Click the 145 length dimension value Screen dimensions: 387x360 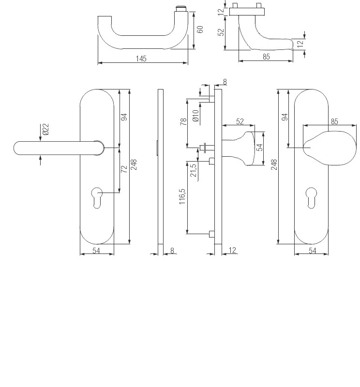[x=141, y=59]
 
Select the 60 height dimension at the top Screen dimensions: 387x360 [x=200, y=30]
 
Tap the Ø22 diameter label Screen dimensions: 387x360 [x=45, y=130]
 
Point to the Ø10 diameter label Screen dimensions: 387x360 [x=195, y=116]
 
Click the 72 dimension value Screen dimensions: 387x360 [x=124, y=169]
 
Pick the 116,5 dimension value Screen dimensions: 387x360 [x=182, y=197]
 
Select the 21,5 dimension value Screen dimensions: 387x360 [x=194, y=170]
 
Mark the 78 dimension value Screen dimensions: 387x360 [x=183, y=122]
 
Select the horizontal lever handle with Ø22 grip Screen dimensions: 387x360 [x=53, y=148]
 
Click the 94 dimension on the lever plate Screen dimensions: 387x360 [x=124, y=117]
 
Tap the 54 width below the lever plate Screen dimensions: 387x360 [x=96, y=250]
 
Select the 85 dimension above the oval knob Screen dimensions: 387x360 [x=334, y=121]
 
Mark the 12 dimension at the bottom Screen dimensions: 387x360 [x=232, y=250]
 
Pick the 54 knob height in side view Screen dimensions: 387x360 [x=259, y=148]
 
